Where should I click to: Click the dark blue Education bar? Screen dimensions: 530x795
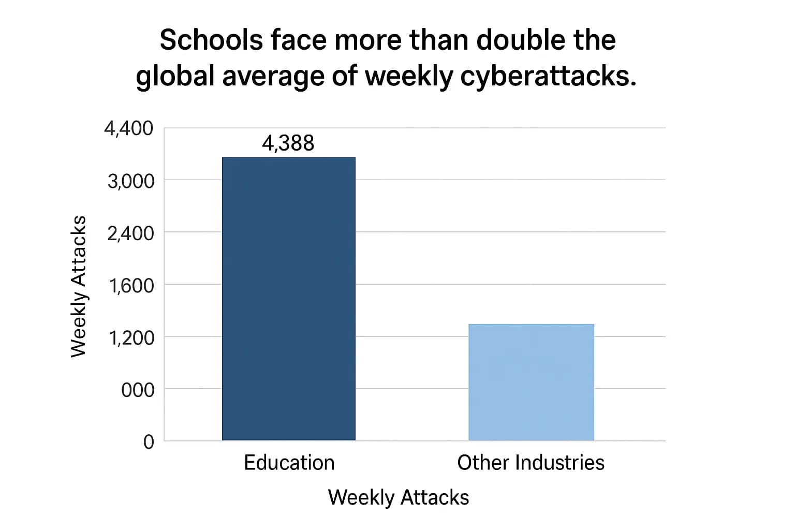[288, 299]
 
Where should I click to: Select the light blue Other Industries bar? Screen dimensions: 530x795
[531, 382]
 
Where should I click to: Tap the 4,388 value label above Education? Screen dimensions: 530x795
[288, 143]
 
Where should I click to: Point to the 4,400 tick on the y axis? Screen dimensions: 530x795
[128, 128]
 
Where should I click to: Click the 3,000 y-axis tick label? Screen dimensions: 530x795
[130, 181]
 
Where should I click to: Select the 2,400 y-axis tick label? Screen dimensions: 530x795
[130, 233]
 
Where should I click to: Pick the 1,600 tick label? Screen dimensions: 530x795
[131, 285]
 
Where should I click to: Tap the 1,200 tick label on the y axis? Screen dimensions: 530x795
[131, 338]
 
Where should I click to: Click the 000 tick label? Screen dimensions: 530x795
[138, 390]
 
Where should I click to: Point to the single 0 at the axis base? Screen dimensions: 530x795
[149, 442]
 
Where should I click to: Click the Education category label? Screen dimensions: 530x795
[289, 463]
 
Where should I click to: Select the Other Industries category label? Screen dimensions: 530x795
[531, 463]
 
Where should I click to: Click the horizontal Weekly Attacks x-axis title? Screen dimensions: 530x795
[398, 497]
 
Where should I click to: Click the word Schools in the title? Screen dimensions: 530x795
[211, 40]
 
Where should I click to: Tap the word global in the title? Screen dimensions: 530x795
[175, 76]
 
